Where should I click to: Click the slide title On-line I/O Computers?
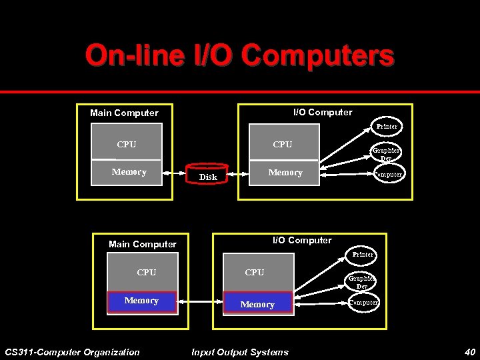(239, 56)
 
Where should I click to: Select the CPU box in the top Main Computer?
(127, 145)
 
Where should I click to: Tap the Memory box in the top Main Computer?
(128, 172)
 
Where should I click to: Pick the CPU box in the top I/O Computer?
(283, 145)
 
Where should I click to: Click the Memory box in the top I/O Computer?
(285, 173)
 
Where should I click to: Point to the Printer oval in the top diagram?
(386, 126)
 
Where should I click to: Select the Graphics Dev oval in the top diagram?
(386, 154)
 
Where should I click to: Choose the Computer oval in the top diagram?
(387, 175)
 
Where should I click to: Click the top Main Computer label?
(124, 113)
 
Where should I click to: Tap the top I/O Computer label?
(323, 112)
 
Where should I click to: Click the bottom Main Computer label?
(143, 244)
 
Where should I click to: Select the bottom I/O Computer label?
(302, 240)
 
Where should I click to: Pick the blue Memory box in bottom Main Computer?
(141, 301)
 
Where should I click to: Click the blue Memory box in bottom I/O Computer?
(257, 304)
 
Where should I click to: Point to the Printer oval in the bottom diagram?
(363, 254)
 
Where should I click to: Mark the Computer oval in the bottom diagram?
(364, 303)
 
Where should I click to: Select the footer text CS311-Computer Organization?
(72, 352)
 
